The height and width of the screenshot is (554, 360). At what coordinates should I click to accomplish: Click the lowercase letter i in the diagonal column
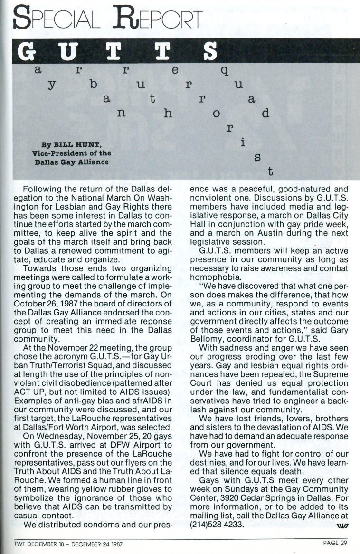[x=242, y=142]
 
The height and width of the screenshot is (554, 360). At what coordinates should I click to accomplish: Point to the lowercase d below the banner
[x=265, y=114]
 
